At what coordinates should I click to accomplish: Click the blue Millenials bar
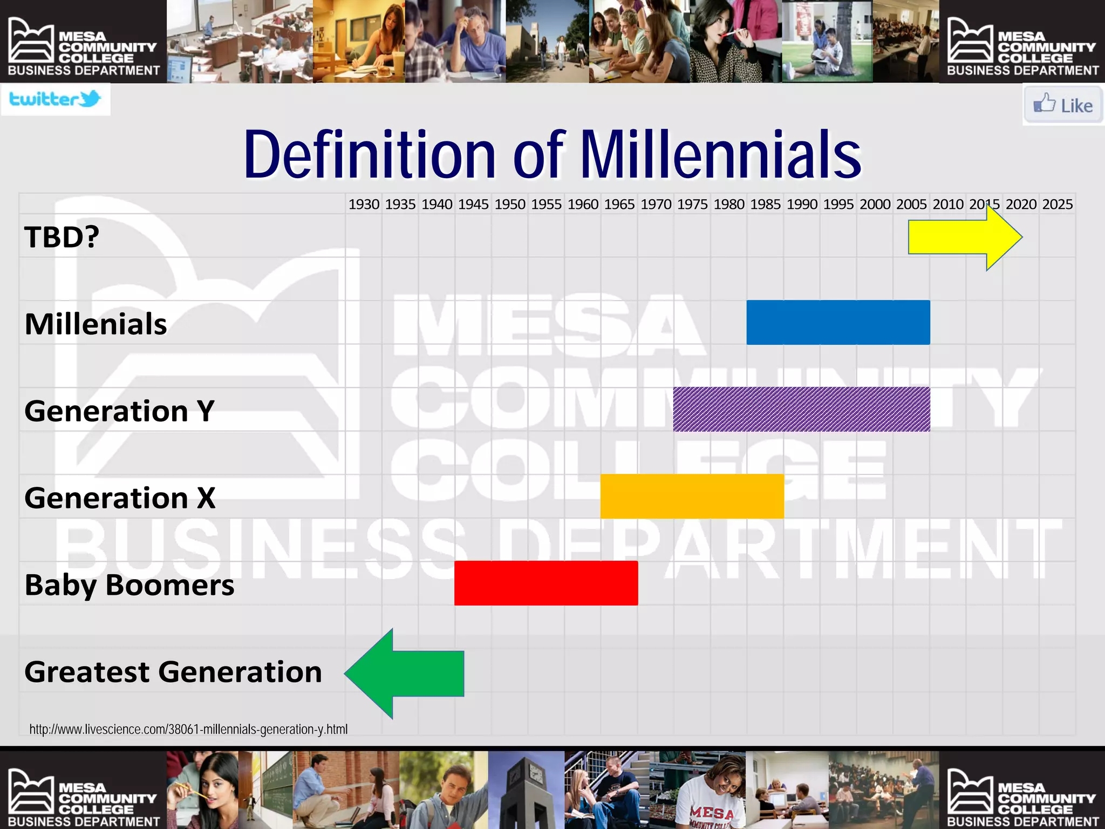(838, 322)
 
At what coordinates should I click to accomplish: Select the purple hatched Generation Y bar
(801, 409)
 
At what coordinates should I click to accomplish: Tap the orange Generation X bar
(692, 496)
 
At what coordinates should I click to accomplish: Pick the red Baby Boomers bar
(546, 583)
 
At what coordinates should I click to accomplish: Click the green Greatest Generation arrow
(410, 673)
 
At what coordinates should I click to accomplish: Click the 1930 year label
(364, 205)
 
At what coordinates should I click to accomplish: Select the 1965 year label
(619, 205)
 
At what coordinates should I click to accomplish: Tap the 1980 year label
(729, 205)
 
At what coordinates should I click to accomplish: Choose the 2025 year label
(1058, 205)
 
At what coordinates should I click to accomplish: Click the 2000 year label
(875, 205)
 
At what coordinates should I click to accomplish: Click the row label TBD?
(62, 236)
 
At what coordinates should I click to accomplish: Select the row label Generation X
(120, 497)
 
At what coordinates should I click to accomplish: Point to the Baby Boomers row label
(129, 585)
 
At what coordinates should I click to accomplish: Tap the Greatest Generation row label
(173, 672)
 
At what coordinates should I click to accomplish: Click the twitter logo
(56, 99)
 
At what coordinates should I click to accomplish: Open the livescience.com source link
(188, 729)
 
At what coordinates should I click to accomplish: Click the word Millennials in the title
(720, 155)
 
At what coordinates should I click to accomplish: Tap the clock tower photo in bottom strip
(526, 790)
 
